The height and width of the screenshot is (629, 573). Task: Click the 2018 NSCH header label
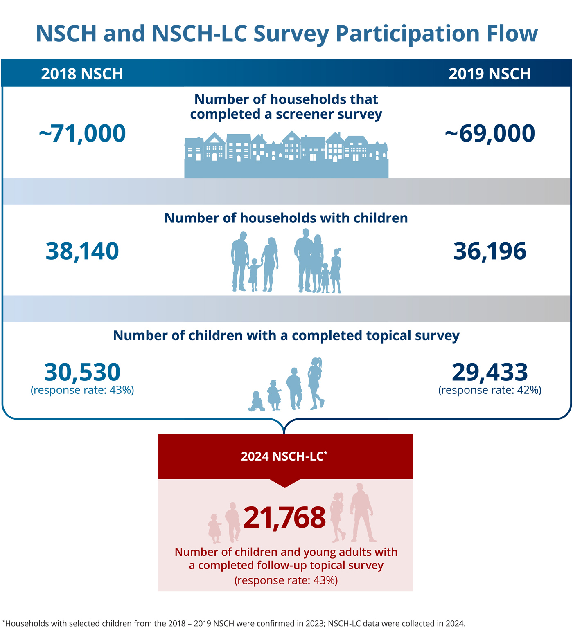82,74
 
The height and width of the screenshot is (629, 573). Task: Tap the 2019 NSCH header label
490,74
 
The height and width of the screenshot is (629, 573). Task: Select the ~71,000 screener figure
82,133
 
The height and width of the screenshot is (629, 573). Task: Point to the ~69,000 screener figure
490,133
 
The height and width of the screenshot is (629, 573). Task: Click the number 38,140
82,251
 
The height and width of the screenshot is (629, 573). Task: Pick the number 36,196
490,251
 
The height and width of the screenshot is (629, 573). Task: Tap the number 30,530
82,372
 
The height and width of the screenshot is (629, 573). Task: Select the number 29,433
490,372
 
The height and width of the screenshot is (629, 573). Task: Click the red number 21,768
285,517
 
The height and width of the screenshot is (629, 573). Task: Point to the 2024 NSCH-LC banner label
284,456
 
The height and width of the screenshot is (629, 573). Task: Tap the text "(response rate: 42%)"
490,390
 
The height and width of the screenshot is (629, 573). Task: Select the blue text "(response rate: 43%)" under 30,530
82,390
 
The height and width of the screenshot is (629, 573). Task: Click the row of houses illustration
286,155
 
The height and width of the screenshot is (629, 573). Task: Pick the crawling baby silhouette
257,402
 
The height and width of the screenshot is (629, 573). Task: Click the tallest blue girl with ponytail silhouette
316,384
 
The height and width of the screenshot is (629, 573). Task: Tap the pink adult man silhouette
361,512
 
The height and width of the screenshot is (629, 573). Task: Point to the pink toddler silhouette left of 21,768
214,529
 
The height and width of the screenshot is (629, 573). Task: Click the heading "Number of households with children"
286,218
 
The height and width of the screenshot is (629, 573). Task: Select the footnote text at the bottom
234,623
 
